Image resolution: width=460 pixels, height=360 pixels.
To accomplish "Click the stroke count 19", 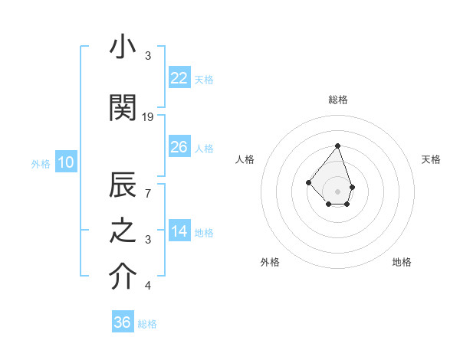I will click(148, 117).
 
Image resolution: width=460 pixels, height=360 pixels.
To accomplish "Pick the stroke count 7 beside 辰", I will click(148, 194).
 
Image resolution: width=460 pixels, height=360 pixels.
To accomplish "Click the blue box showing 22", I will click(179, 78).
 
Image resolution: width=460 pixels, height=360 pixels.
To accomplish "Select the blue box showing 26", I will click(179, 147).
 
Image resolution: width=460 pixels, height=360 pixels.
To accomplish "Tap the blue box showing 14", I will click(179, 231).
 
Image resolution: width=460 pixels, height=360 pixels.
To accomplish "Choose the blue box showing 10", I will click(65, 162).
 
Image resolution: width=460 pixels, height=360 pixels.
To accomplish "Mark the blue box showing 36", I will click(123, 322).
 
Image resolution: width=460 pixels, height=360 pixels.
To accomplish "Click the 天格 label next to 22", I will click(204, 80).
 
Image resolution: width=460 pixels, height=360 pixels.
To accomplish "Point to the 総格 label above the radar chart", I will click(338, 100).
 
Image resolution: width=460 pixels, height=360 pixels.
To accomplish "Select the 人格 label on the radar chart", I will click(245, 159).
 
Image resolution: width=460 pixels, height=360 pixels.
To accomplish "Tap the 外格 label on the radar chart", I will click(270, 262).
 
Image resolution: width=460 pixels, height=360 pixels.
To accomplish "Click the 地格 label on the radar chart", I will click(402, 262).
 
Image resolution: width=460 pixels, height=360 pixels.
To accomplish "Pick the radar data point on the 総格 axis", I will click(338, 146).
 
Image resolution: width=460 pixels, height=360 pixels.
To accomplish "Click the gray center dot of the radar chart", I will click(338, 191).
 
